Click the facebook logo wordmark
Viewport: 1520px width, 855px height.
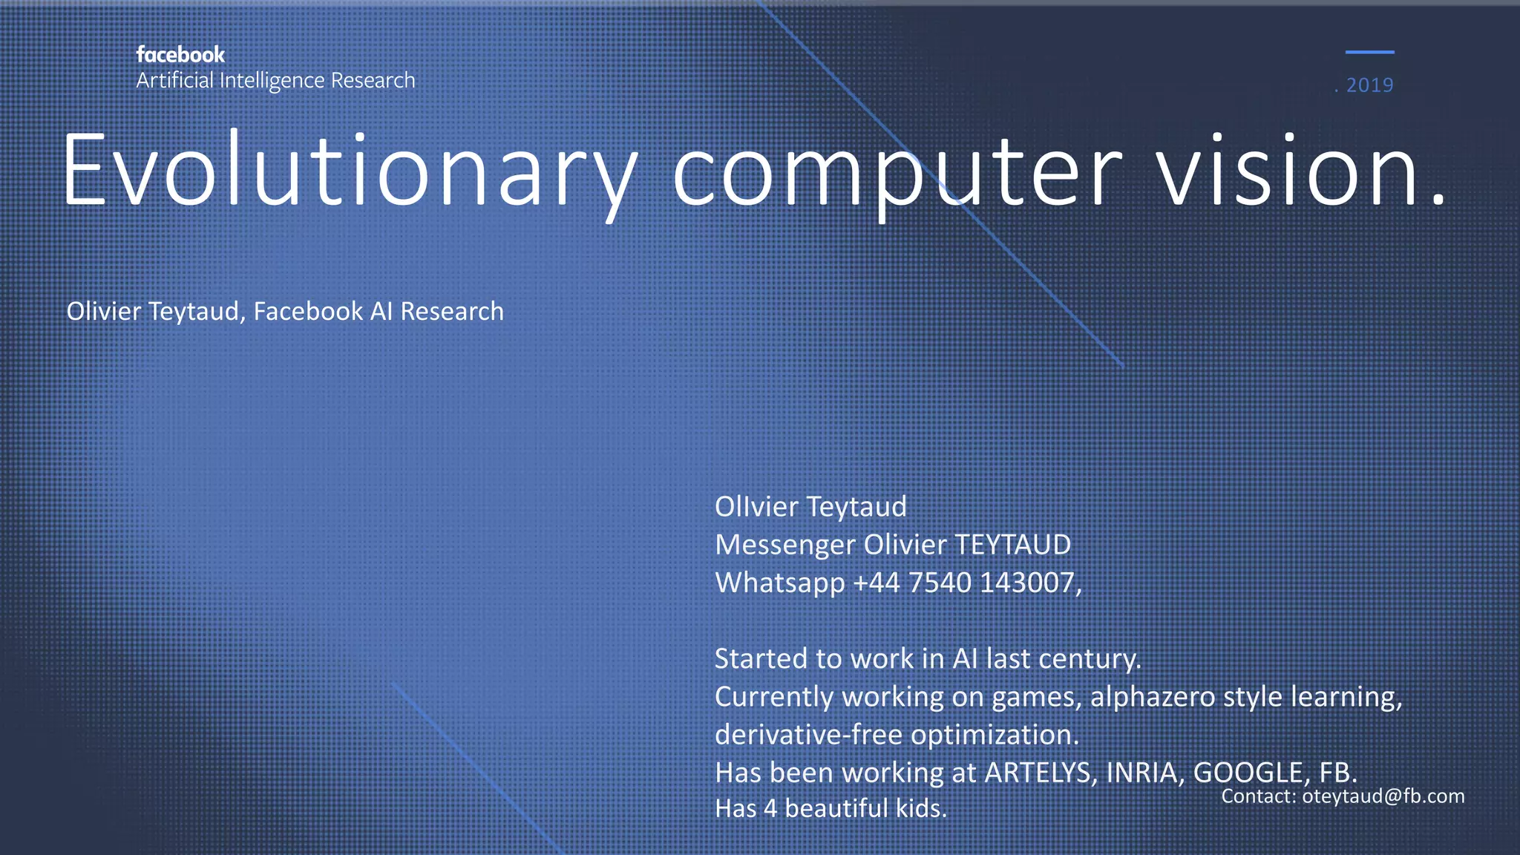[x=180, y=55]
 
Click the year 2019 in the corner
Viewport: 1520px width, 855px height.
[x=1369, y=85]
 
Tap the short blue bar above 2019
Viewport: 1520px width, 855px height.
[x=1369, y=52]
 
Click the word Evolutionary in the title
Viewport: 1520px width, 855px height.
[x=349, y=171]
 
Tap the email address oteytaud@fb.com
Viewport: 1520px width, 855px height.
[x=1383, y=796]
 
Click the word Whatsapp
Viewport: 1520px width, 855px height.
[x=779, y=583]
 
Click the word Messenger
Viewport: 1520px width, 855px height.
[x=784, y=546]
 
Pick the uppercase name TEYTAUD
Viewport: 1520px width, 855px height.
[x=1012, y=545]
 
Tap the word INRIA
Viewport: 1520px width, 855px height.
[x=1141, y=773]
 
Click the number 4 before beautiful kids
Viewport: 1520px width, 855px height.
[x=770, y=808]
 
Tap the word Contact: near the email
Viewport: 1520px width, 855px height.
[x=1259, y=796]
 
